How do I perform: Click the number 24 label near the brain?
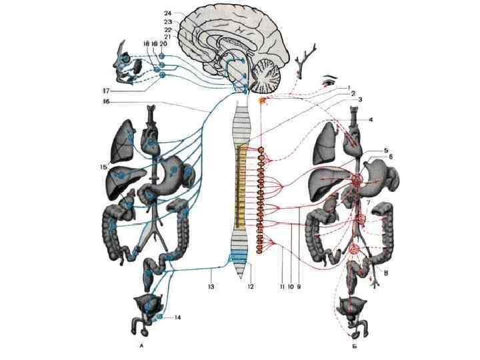click(167, 13)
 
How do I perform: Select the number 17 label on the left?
click(105, 91)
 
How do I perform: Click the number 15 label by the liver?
click(103, 166)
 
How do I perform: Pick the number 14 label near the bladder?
click(177, 317)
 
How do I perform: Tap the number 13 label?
click(211, 287)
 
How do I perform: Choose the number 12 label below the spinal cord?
click(251, 287)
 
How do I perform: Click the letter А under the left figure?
click(141, 347)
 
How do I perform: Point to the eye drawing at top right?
click(328, 81)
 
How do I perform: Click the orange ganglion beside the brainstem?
click(263, 101)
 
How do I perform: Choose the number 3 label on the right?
click(359, 99)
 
